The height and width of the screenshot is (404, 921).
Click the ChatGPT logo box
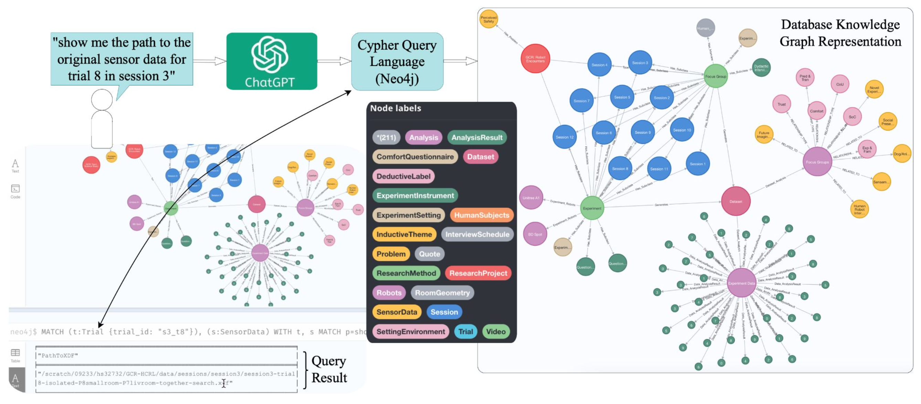271,61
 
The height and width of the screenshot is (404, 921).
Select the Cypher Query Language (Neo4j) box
397,62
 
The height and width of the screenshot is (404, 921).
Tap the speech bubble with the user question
121,59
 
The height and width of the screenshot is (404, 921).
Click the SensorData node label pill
396,312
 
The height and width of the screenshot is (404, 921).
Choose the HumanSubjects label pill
481,215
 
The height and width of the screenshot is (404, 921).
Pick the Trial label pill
465,332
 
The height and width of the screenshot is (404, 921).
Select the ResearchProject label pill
478,274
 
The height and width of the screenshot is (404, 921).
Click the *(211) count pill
386,138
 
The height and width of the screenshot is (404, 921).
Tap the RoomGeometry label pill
442,293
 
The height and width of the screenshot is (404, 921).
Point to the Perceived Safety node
488,19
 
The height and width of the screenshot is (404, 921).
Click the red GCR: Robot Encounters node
535,59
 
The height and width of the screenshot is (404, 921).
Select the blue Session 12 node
564,137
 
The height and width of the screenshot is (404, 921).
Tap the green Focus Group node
716,76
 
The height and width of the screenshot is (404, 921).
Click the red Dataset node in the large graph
735,202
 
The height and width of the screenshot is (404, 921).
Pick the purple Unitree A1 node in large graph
531,198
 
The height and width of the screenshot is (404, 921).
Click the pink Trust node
781,104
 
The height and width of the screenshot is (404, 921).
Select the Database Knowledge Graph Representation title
840,33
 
